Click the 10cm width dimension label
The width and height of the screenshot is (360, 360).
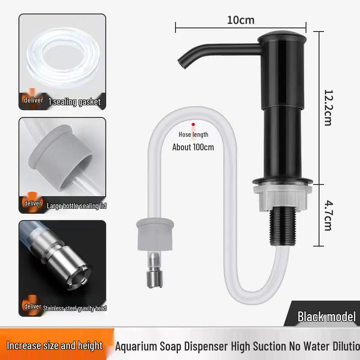point(241,20)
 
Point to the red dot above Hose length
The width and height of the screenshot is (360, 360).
point(193,124)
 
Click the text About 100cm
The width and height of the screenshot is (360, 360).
point(193,147)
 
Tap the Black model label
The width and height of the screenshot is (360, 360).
point(326,316)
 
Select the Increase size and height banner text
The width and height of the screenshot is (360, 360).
point(55,346)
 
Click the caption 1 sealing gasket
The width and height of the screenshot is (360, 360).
point(74,102)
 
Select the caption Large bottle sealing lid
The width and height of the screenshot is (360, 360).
point(76,206)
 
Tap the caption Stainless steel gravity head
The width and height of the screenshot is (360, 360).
point(74,308)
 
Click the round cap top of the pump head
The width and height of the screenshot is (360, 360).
point(282,36)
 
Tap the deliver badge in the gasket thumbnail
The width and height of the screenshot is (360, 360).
point(33,100)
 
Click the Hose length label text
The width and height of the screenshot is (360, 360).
point(193,135)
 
